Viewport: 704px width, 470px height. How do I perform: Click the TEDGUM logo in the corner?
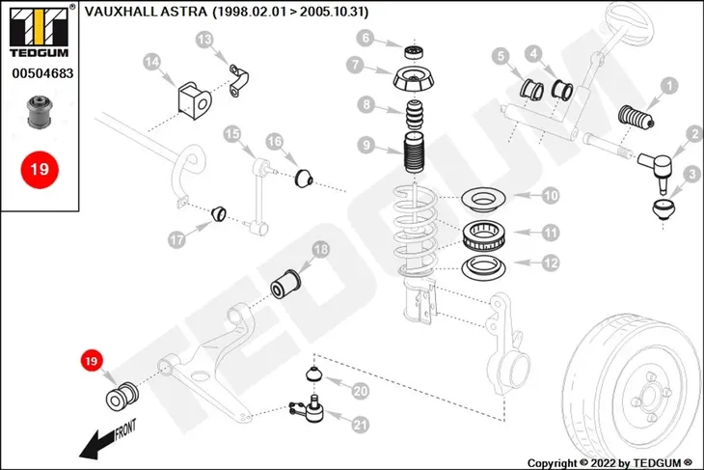tap(40, 31)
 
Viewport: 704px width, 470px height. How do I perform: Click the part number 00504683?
tap(42, 73)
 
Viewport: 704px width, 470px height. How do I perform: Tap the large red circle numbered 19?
tap(40, 170)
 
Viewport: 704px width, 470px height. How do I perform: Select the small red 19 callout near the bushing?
tap(92, 361)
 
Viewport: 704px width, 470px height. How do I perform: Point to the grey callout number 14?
tap(151, 62)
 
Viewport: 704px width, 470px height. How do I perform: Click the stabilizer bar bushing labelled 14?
tap(195, 100)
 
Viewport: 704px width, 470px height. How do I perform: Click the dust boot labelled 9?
tap(414, 154)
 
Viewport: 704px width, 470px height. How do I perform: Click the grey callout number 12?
tap(551, 263)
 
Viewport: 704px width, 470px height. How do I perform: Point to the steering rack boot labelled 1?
tap(636, 118)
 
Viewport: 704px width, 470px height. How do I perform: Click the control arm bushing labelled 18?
tap(286, 285)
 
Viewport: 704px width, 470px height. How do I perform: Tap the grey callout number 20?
tap(361, 391)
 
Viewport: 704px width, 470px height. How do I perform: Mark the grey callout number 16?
tap(274, 142)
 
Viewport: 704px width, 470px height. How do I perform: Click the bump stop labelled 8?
tap(414, 116)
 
